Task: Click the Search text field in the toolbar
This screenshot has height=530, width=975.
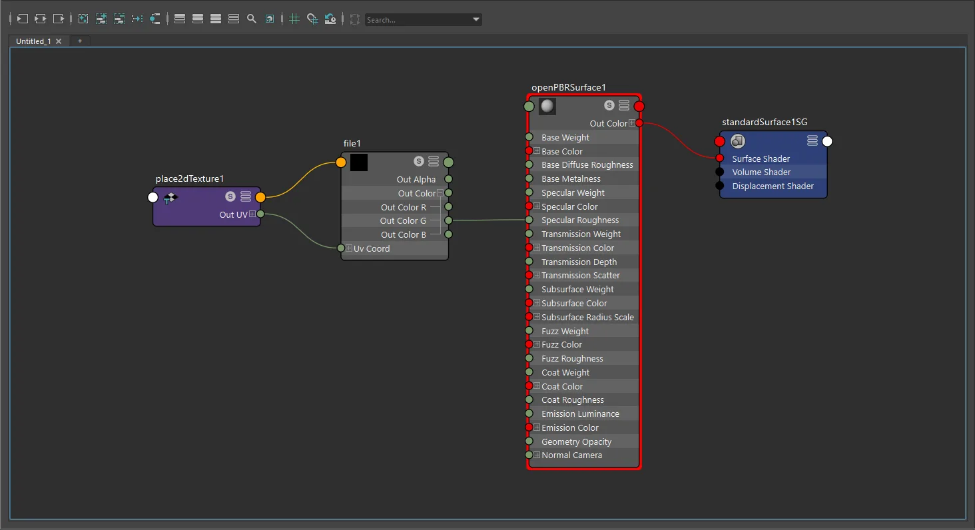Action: (x=418, y=19)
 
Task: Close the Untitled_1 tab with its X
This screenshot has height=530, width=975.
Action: (x=59, y=41)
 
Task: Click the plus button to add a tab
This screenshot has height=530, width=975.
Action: (x=80, y=41)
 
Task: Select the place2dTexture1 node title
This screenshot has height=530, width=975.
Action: (x=189, y=178)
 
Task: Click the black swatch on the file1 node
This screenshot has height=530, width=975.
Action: (x=359, y=162)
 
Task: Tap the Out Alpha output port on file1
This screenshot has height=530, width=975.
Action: (x=448, y=179)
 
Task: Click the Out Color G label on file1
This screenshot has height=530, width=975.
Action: (x=403, y=220)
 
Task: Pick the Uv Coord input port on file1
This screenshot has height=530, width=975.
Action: (x=341, y=248)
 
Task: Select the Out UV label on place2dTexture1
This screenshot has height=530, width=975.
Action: (x=233, y=214)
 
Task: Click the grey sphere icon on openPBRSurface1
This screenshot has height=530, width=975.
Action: (x=547, y=106)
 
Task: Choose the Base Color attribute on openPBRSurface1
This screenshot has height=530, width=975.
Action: (x=561, y=151)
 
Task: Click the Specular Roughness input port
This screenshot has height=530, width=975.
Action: (x=529, y=220)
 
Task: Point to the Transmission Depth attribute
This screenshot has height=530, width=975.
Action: (x=579, y=262)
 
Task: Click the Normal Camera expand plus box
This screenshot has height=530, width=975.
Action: (x=537, y=455)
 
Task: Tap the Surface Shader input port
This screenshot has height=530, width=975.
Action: (x=719, y=158)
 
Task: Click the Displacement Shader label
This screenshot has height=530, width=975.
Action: (x=773, y=186)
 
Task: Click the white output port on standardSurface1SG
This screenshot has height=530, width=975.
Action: (x=827, y=141)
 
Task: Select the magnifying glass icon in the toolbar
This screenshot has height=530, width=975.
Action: (x=252, y=19)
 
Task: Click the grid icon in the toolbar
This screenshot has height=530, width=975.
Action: (x=294, y=19)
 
